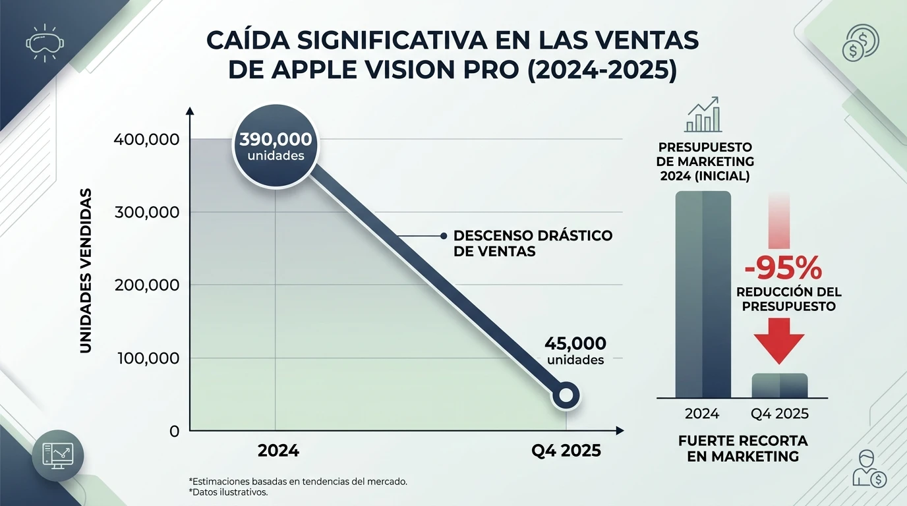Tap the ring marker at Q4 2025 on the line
(x=565, y=395)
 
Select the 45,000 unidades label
(x=575, y=351)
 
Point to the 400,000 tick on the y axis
(x=146, y=139)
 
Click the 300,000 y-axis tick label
(x=146, y=212)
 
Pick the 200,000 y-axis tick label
(x=146, y=285)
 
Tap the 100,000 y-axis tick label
(x=146, y=358)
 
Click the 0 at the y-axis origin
(x=174, y=432)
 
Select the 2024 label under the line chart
(x=278, y=451)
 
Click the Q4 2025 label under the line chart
(x=566, y=451)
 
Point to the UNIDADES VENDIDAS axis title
(x=86, y=270)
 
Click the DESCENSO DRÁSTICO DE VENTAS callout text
(x=533, y=243)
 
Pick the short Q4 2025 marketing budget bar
(x=780, y=385)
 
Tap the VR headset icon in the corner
(x=44, y=43)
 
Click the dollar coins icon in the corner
(x=861, y=43)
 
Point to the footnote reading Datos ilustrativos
(x=228, y=492)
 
